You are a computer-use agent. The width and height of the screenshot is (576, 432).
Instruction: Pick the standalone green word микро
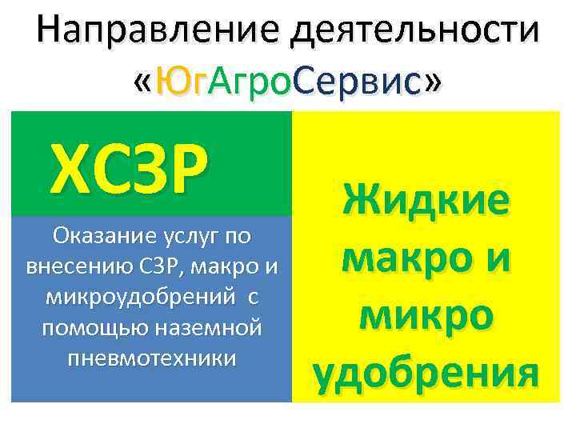426,316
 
